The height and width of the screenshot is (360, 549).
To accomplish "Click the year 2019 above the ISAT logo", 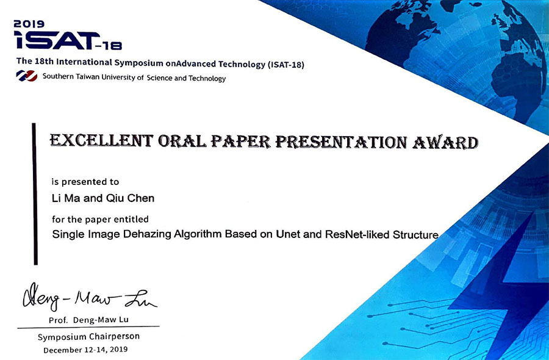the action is pos(29,24).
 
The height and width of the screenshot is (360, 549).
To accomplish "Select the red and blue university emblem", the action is pos(27,76).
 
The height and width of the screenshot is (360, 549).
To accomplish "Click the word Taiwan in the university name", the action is pos(87,77).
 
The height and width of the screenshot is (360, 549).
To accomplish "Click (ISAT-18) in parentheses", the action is pos(285,65).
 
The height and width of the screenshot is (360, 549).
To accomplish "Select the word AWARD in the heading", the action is pos(445,143).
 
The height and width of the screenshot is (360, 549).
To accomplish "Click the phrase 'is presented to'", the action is pos(85,182).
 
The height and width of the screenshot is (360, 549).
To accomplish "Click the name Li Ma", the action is pos(66,198).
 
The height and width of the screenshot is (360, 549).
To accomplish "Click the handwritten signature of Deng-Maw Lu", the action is pos(90,297).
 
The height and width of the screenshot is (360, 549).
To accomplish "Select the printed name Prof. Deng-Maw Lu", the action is pos(88,320).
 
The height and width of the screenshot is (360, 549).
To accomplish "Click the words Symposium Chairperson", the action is pos(88,337).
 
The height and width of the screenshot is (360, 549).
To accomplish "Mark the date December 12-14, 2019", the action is pos(85,350).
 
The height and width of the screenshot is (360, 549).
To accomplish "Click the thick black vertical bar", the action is pos(35,193).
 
